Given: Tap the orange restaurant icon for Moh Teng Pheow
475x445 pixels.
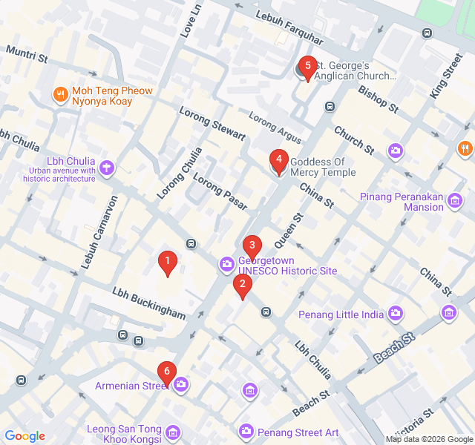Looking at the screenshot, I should pyautogui.click(x=60, y=95).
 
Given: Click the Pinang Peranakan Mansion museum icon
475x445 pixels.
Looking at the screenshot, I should pyautogui.click(x=455, y=200).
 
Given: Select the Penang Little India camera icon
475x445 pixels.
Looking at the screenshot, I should pyautogui.click(x=396, y=314).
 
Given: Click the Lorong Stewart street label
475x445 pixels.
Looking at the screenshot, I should pyautogui.click(x=212, y=123).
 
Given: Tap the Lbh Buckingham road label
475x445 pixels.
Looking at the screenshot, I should pyautogui.click(x=149, y=302).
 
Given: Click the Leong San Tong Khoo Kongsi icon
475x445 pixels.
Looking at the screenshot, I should pyautogui.click(x=172, y=432).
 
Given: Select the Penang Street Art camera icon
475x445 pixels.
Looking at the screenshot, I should pyautogui.click(x=246, y=431).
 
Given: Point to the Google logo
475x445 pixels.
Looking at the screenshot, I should pyautogui.click(x=24, y=436).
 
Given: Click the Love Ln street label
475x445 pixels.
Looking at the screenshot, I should pyautogui.click(x=191, y=20).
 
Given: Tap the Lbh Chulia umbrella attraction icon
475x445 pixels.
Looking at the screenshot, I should pyautogui.click(x=107, y=168).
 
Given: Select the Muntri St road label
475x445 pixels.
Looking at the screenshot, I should pyautogui.click(x=27, y=53).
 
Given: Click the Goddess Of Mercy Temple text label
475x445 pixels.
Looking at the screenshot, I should pyautogui.click(x=323, y=167).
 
